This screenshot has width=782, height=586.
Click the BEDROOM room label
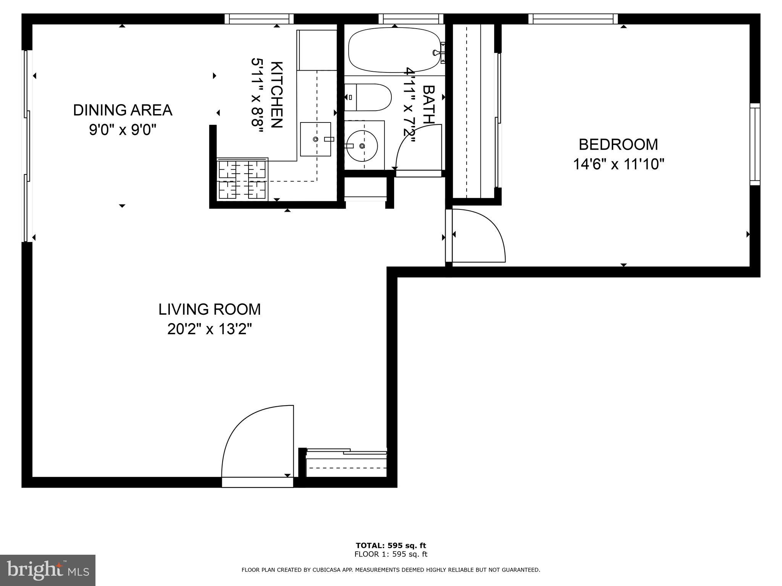[x=618, y=145]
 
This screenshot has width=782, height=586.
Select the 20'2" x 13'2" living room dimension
[x=210, y=329]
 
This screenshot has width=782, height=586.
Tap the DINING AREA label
[x=123, y=110]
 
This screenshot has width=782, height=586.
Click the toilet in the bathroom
[x=369, y=97]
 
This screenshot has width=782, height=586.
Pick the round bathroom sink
[x=362, y=146]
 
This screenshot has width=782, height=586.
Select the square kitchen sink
[x=315, y=139]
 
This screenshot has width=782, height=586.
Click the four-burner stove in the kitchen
[x=242, y=179]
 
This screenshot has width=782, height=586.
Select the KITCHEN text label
[x=277, y=94]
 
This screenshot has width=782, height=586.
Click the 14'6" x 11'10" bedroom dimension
[x=618, y=165]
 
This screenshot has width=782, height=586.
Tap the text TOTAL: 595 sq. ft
[x=391, y=546]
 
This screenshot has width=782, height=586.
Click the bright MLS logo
[x=47, y=570]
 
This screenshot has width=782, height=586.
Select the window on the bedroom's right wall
[x=755, y=144]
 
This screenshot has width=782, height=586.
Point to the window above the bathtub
[x=411, y=18]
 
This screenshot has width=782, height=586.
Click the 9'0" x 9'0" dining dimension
[x=123, y=130]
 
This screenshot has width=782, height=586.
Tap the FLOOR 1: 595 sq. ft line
[x=391, y=555]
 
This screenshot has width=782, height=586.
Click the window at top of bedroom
[x=573, y=18]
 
